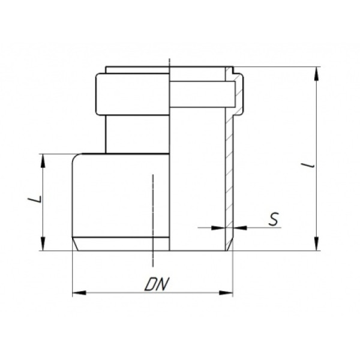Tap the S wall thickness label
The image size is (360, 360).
click(x=274, y=219)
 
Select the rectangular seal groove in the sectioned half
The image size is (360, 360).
click(x=201, y=94)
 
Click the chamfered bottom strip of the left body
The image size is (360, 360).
click(x=120, y=244)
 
